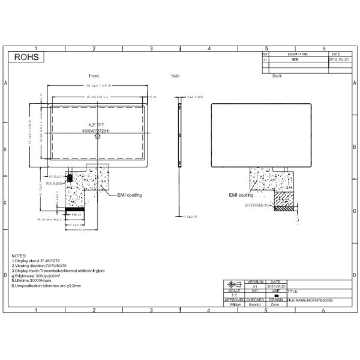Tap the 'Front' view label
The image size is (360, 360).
[x=94, y=76]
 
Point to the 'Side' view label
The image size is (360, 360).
[x=175, y=76]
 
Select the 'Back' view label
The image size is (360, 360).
[x=277, y=76]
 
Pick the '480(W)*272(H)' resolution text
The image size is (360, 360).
[x=97, y=131]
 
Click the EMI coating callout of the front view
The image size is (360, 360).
[x=129, y=195]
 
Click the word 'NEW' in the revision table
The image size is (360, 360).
[x=295, y=60]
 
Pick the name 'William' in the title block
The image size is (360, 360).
[x=235, y=305]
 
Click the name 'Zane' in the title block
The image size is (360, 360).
[x=275, y=305]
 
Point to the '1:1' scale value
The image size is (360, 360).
[x=235, y=295]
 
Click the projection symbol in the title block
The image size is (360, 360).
[x=235, y=284]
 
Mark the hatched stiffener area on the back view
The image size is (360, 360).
[x=285, y=200]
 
